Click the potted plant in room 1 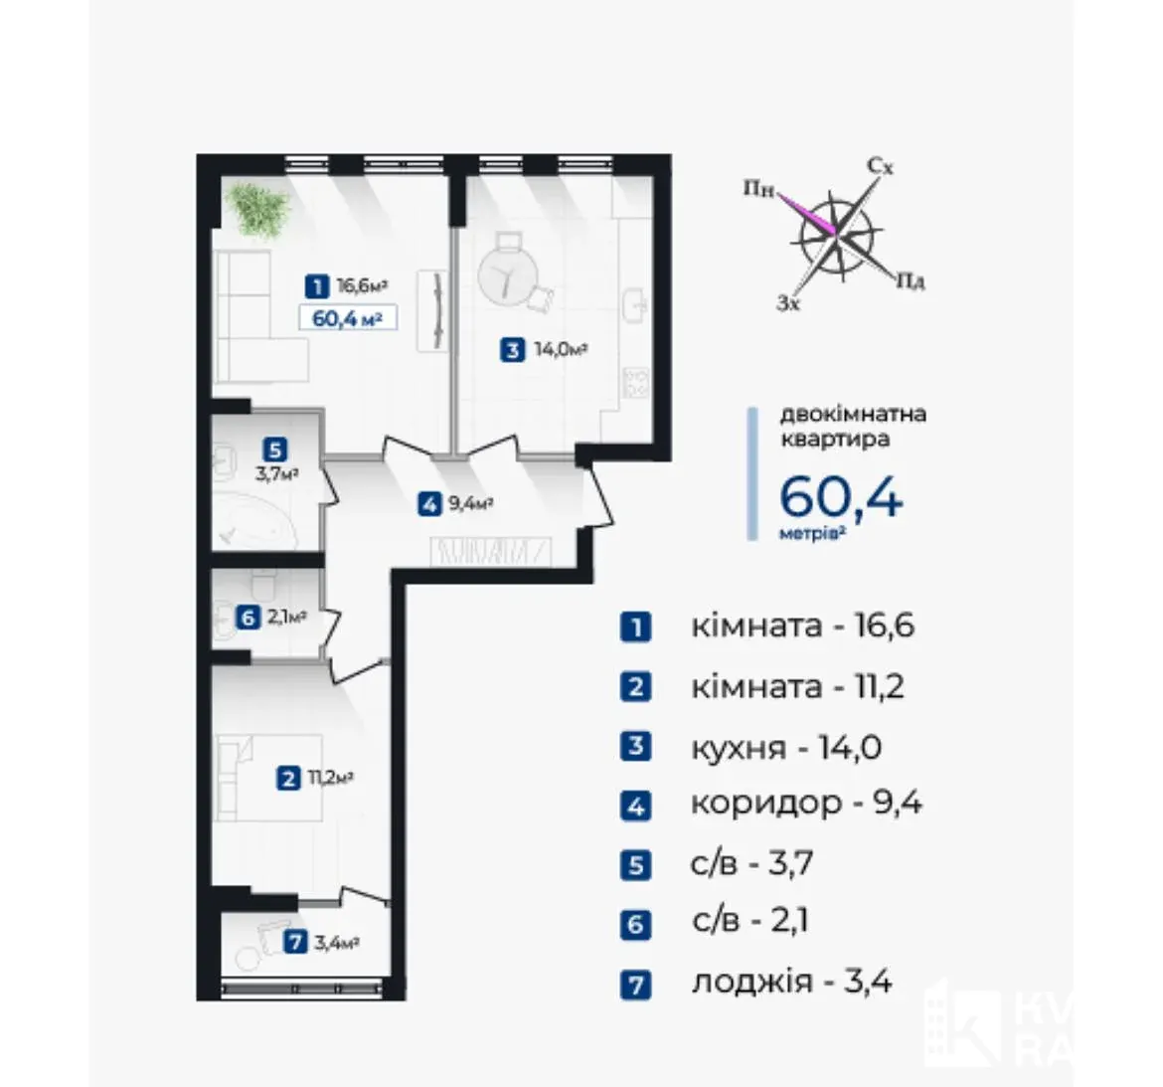(x=256, y=209)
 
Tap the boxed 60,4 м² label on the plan (x=347, y=318)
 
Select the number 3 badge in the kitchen (x=512, y=349)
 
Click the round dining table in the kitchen (x=507, y=275)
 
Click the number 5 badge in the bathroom (x=275, y=449)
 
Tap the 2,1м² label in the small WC (x=286, y=617)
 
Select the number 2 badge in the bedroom (x=288, y=779)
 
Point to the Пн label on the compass (x=758, y=189)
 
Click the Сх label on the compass (x=881, y=167)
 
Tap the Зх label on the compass (x=788, y=302)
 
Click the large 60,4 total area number (x=841, y=496)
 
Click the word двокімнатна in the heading (x=853, y=414)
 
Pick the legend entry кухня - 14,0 (x=786, y=747)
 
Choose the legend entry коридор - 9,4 (x=806, y=804)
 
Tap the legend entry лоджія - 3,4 (x=791, y=982)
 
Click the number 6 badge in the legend (x=635, y=925)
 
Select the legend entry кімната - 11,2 (x=797, y=686)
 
